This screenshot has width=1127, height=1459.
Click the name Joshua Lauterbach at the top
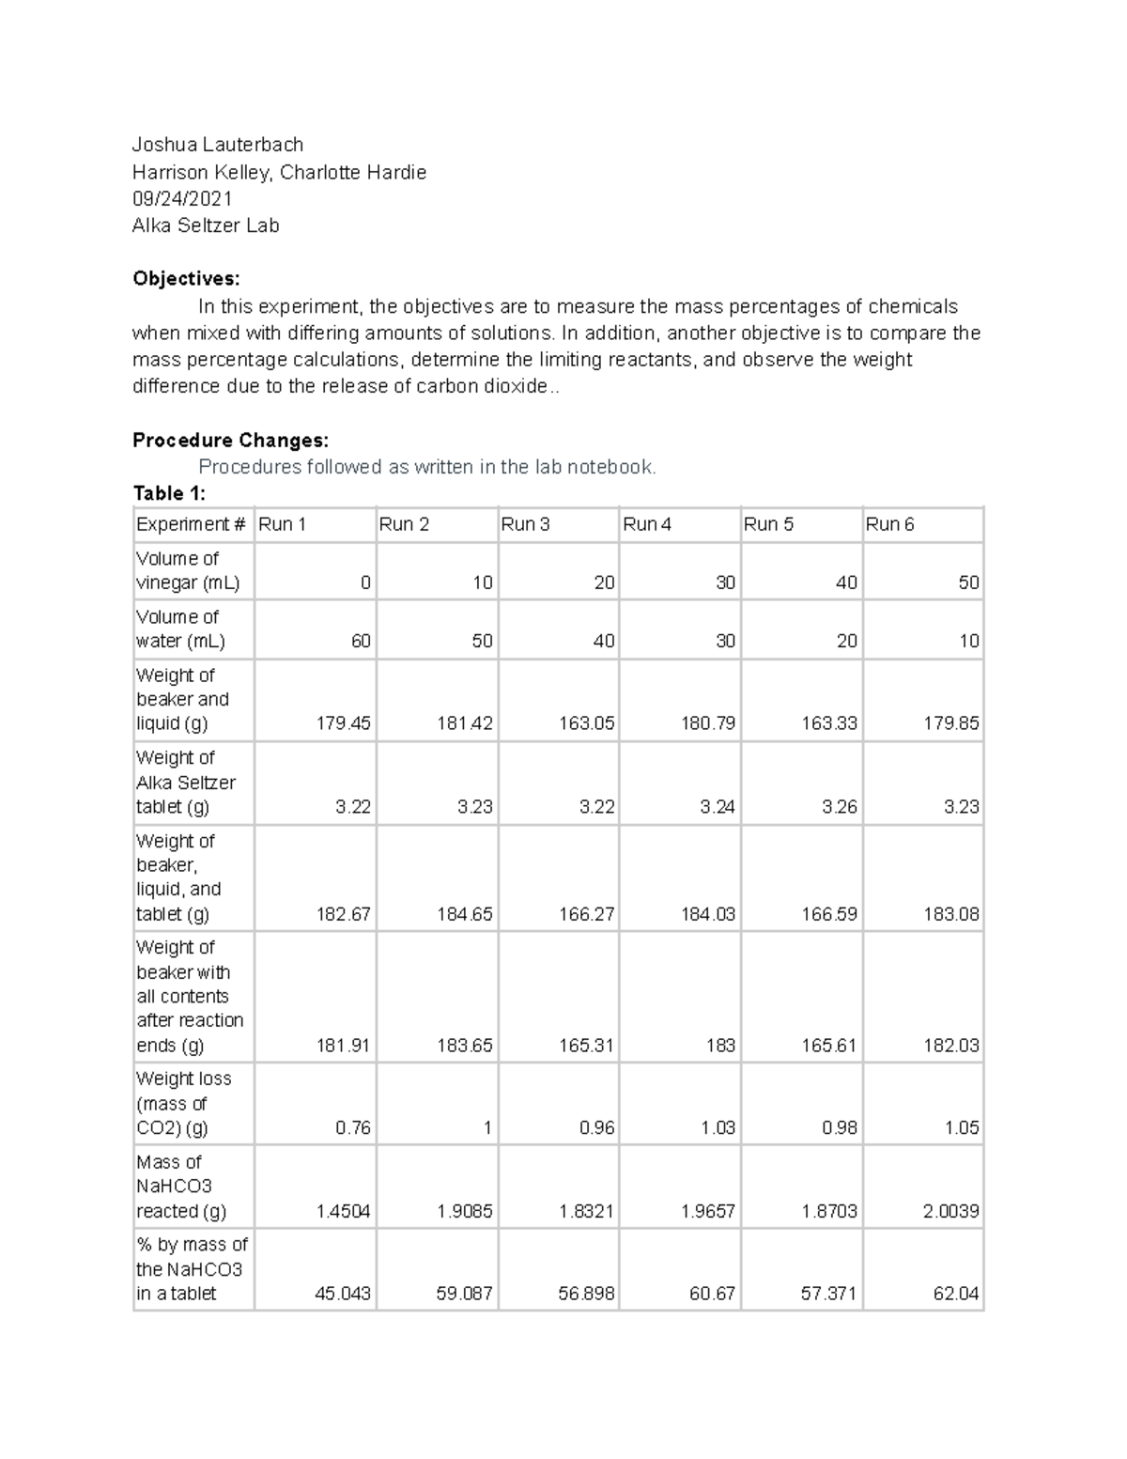(x=218, y=145)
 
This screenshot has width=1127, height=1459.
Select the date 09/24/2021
(x=182, y=198)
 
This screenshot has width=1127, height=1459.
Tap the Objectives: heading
(x=186, y=278)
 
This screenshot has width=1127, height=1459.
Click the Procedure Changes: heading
(x=230, y=440)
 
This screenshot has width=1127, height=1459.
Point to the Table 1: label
(x=169, y=493)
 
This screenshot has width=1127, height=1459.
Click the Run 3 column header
(x=525, y=524)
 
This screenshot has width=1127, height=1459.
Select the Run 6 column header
(x=889, y=524)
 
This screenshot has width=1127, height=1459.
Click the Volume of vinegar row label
(x=188, y=570)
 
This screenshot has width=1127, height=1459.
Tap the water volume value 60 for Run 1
(x=361, y=641)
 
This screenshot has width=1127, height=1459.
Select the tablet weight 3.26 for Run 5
(x=839, y=807)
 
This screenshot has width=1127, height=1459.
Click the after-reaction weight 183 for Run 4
(x=720, y=1046)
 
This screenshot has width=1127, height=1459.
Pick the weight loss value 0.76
(x=353, y=1127)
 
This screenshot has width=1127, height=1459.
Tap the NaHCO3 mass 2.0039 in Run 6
(x=950, y=1211)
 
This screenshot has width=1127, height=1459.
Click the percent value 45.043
(x=342, y=1294)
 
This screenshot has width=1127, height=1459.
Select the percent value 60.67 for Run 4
(x=712, y=1294)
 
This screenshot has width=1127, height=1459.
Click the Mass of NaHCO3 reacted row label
(x=181, y=1187)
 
